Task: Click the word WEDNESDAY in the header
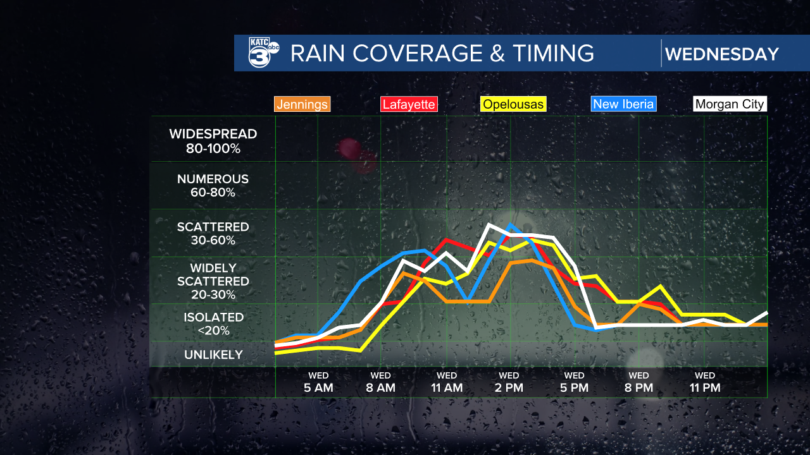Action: coord(721,54)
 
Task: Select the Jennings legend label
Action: coord(302,104)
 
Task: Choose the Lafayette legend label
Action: coord(408,104)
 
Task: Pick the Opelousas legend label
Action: coord(513,104)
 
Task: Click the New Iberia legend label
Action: coord(623,104)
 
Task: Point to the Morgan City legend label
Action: coord(730,104)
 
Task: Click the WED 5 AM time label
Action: coord(318,382)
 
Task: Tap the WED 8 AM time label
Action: coord(380,382)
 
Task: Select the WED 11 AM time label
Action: coord(446,382)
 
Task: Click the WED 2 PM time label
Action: coord(509,382)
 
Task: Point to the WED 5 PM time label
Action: coord(574,382)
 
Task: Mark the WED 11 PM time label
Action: coord(704,382)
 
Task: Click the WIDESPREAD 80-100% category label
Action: coord(213,141)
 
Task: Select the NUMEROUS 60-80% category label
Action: coord(213,186)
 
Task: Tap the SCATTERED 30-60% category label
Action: coord(213,233)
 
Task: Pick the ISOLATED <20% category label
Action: coord(213,324)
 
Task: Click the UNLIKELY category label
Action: coord(213,355)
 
